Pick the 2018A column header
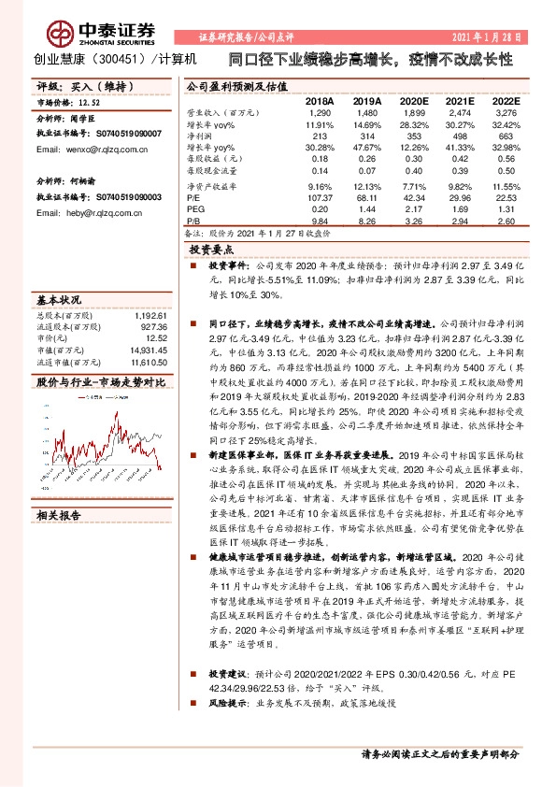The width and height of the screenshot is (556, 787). pyautogui.click(x=320, y=100)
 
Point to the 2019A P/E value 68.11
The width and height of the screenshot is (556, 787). pyautogui.click(x=367, y=197)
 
